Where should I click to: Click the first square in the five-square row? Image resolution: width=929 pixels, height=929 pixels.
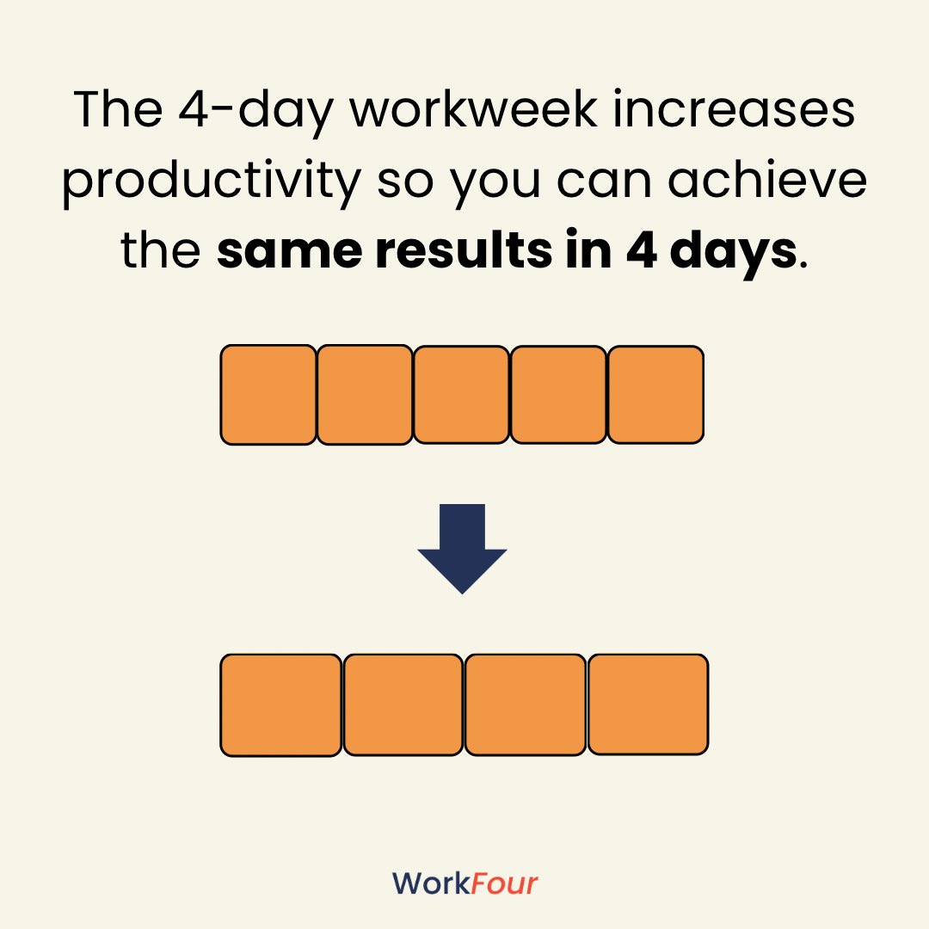point(268,395)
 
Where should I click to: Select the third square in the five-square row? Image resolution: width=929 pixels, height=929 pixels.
point(461,395)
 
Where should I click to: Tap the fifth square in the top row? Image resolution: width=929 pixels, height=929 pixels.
point(655,395)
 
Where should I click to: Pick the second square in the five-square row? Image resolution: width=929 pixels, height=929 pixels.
point(365,395)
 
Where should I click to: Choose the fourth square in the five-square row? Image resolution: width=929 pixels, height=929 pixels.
point(558,395)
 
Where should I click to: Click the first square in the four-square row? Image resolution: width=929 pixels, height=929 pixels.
point(280,704)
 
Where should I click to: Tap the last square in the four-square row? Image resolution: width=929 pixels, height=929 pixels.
point(648,704)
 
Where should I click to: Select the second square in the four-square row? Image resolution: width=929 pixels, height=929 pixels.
point(403,704)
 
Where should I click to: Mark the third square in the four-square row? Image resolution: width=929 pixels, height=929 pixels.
point(526,704)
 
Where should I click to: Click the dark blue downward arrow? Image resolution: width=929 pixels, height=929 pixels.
point(462,551)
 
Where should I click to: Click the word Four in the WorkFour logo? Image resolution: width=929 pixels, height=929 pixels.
point(504,883)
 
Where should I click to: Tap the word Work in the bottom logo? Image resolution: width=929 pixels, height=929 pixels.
point(431,883)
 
